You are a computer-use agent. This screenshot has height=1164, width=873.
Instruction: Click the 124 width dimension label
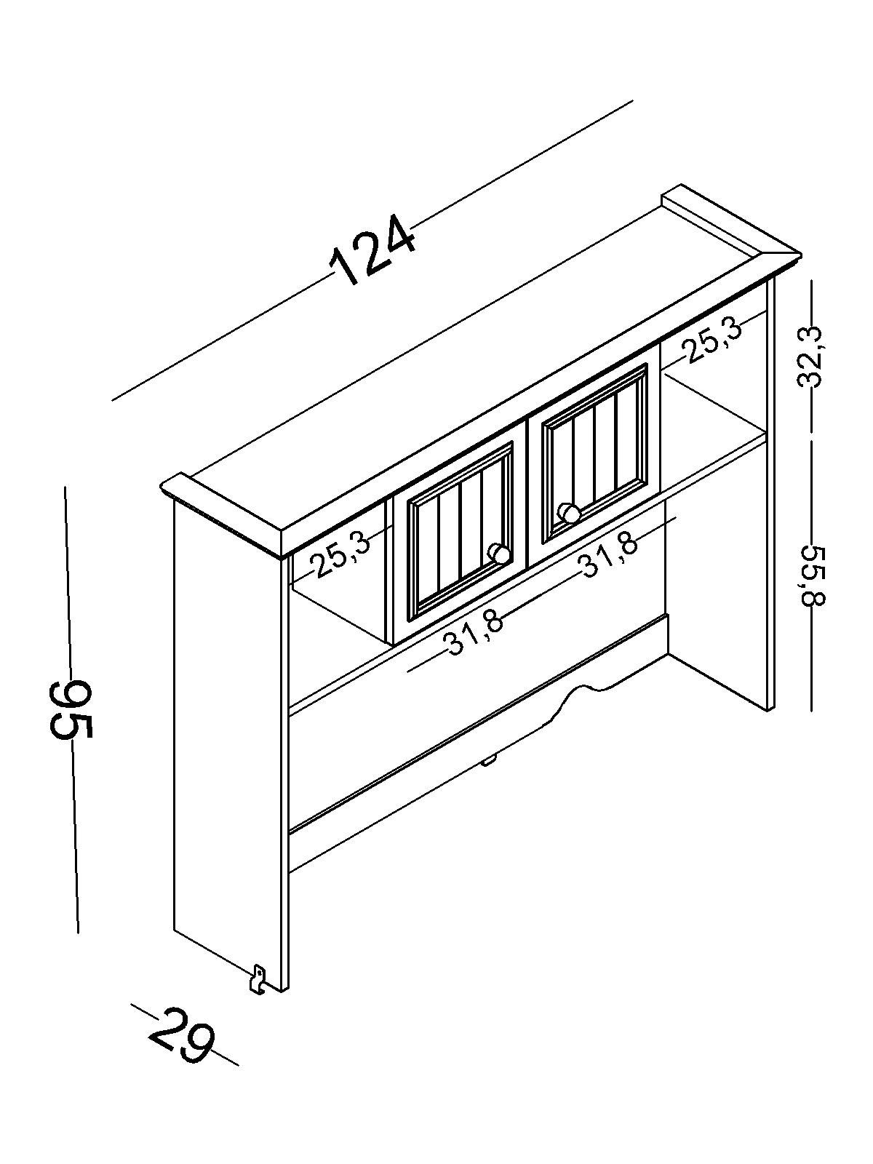click(x=373, y=250)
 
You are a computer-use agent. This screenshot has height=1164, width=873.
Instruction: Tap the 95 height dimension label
click(x=71, y=709)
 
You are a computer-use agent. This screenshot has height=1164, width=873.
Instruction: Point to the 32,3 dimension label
click(x=812, y=357)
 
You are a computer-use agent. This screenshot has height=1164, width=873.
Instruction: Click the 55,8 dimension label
click(x=812, y=575)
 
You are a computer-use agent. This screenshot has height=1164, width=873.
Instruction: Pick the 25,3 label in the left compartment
click(x=339, y=555)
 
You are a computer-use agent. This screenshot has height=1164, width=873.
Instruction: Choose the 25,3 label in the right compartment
click(x=712, y=340)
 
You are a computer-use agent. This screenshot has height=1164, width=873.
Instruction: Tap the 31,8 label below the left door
click(x=474, y=633)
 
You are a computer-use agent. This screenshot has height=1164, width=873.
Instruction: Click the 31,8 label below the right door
click(x=610, y=555)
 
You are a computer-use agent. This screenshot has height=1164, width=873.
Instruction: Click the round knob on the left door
click(x=500, y=553)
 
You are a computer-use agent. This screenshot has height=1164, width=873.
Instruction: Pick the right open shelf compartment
click(x=713, y=393)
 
